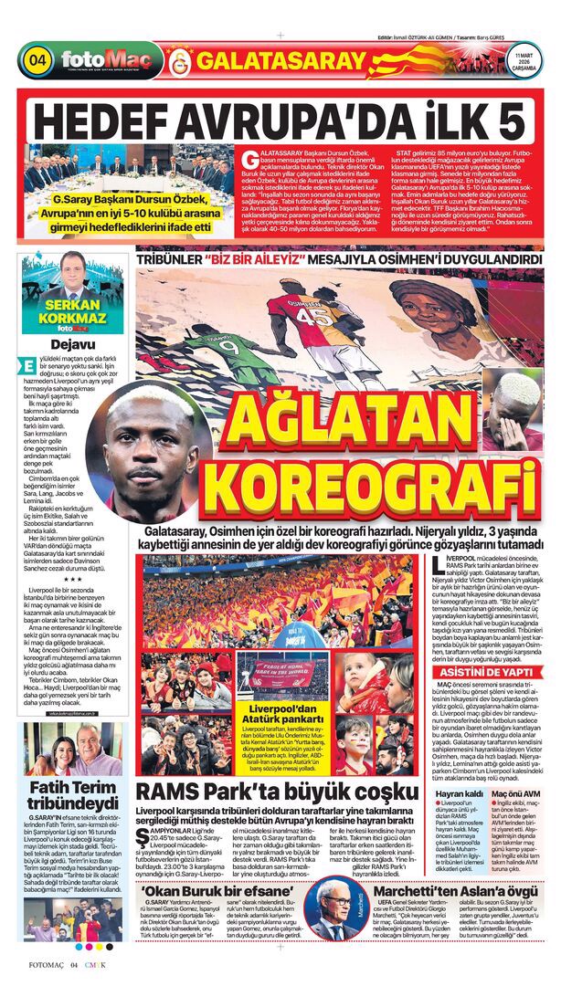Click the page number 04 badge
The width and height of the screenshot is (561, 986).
38,61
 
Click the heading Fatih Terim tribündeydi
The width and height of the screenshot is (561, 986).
66,798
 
